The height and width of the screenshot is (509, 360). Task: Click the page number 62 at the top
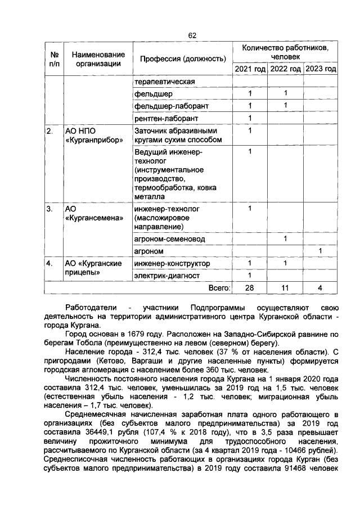coord(191,35)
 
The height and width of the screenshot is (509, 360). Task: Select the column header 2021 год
coord(250,69)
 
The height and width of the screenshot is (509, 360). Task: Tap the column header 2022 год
coord(285,69)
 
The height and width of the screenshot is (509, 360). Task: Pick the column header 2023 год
coord(321,69)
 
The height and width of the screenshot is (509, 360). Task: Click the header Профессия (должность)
coord(179,58)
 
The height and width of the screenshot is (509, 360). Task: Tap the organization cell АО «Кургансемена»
coord(93,214)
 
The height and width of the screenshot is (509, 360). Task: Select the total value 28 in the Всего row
coord(250,288)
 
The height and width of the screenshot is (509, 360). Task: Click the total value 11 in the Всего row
coord(285,288)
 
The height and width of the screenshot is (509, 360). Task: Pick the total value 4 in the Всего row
coord(321,288)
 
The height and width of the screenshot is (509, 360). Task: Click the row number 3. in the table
coord(50,209)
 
